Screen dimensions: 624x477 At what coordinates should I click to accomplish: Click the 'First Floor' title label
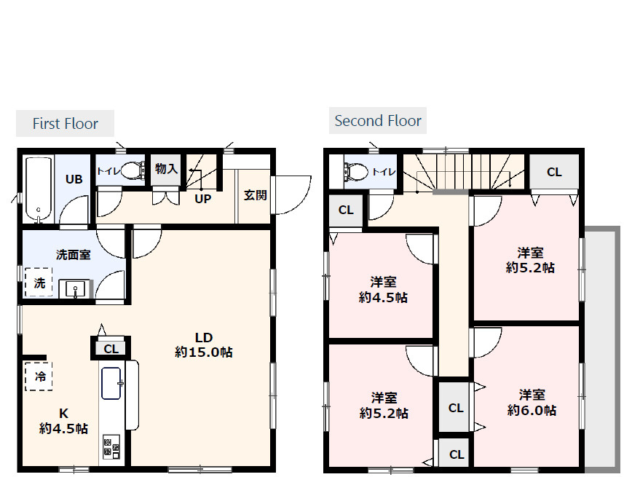(66, 123)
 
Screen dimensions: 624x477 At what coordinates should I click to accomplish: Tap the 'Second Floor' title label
(378, 121)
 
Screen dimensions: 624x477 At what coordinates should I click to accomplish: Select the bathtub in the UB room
(38, 190)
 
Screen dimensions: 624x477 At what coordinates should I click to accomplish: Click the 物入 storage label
(166, 169)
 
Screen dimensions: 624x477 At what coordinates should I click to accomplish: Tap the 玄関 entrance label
(255, 195)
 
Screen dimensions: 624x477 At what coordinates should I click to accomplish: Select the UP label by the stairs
(202, 199)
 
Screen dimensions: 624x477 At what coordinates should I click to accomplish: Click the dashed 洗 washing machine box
(39, 283)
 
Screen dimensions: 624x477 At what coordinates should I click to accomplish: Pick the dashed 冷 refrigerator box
(39, 377)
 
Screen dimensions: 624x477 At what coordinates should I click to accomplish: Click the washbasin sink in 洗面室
(76, 288)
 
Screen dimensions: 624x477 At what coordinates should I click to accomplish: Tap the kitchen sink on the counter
(111, 383)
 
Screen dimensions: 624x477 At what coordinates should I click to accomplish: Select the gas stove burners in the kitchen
(111, 446)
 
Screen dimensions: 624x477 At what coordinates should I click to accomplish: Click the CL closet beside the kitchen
(111, 348)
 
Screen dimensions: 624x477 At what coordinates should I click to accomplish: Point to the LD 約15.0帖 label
(204, 344)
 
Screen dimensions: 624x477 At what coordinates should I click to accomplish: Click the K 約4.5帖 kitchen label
(63, 421)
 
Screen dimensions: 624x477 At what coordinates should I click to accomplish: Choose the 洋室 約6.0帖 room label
(532, 403)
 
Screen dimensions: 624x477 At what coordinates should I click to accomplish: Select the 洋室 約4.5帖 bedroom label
(383, 290)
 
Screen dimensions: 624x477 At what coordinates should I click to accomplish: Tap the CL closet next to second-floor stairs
(554, 172)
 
